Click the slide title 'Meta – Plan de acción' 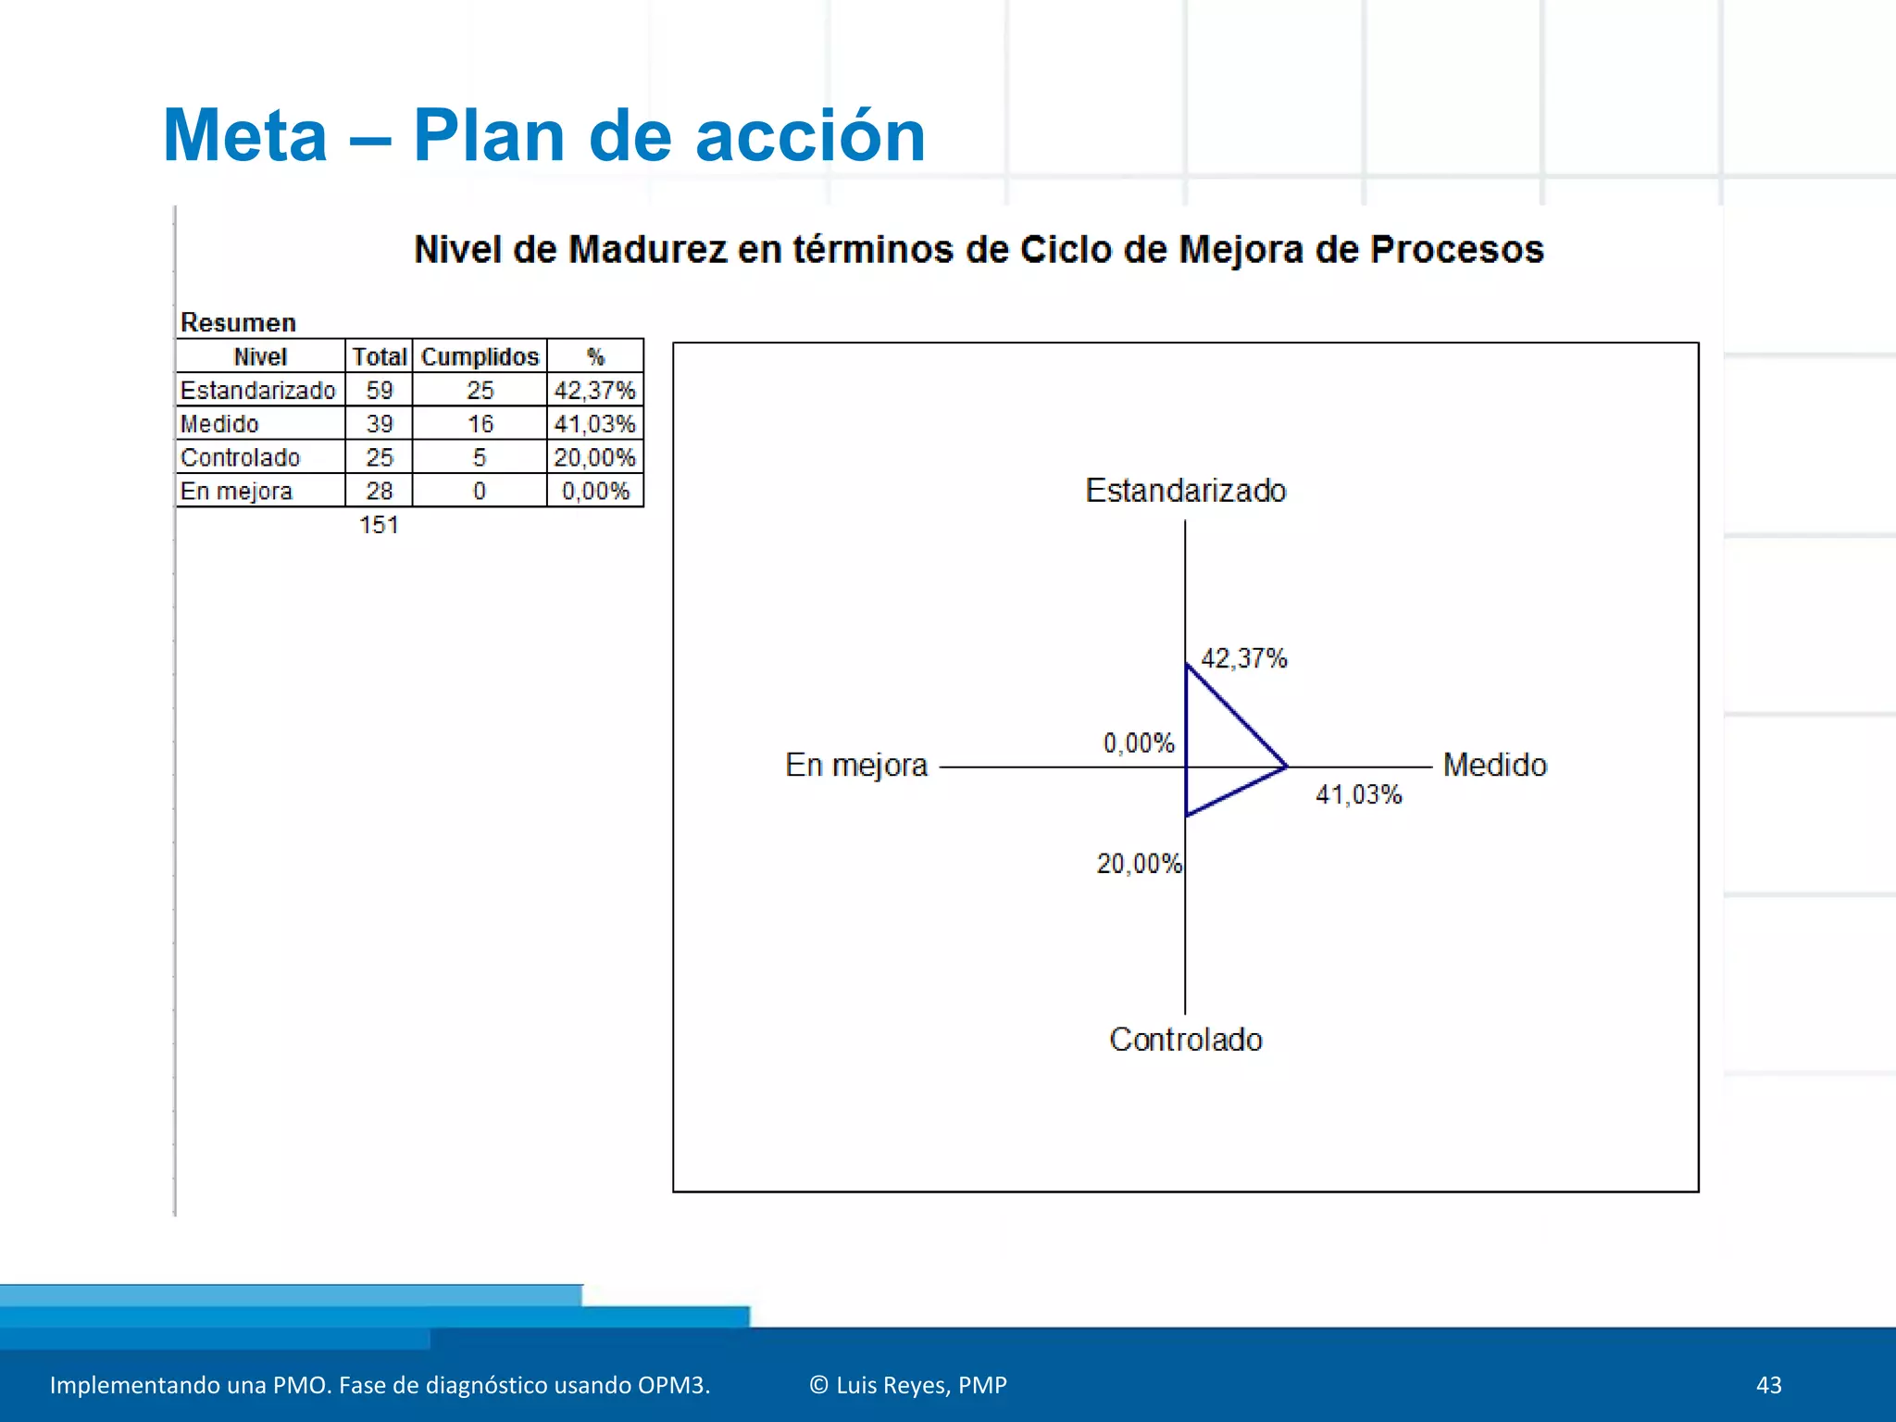(543, 136)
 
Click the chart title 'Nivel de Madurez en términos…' (979, 250)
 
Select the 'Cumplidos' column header (480, 357)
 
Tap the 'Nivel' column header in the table (260, 357)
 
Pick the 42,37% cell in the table (594, 391)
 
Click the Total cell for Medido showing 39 (380, 424)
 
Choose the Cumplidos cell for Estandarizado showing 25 (480, 391)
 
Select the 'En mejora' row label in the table (237, 492)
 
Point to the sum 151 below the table (379, 525)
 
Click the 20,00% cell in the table (594, 457)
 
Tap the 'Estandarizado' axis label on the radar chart (1186, 491)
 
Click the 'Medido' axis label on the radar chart (1494, 766)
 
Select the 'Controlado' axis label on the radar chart (1186, 1040)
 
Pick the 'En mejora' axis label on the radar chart (856, 766)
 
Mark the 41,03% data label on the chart (1358, 794)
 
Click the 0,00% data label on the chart (1139, 743)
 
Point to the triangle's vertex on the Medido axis (1286, 767)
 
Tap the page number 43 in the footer (1768, 1385)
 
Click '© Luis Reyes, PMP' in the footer (908, 1385)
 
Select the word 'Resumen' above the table (238, 323)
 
